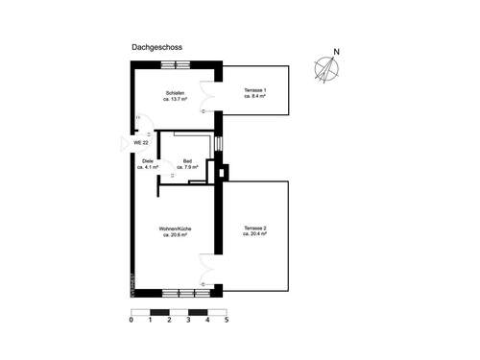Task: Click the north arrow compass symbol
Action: [329, 68]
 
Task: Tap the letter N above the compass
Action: [335, 52]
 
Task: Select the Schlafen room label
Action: [175, 91]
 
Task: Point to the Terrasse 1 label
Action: [254, 91]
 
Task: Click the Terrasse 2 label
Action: [253, 228]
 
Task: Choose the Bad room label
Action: [187, 161]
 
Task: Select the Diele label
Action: [148, 161]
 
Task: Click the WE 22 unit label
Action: [140, 142]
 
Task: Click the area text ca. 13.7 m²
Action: [175, 98]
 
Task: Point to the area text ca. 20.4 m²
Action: [253, 234]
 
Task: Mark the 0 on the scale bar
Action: [131, 322]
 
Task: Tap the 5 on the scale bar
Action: [227, 322]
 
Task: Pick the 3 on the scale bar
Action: [188, 322]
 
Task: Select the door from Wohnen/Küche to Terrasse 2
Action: [207, 265]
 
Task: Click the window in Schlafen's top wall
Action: [174, 63]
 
